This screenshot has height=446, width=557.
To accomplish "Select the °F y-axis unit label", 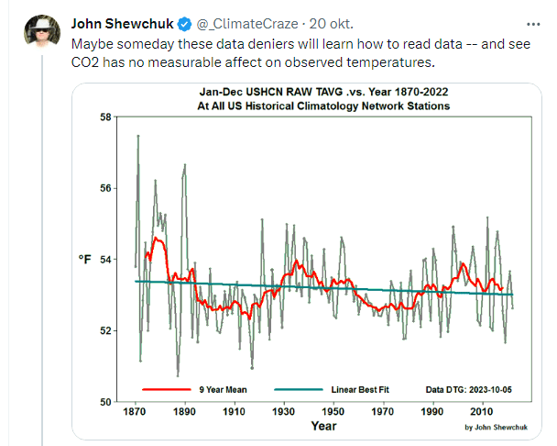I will [x=84, y=261].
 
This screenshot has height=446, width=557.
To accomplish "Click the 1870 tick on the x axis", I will [x=135, y=412].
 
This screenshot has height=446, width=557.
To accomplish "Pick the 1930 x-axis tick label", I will [x=283, y=412].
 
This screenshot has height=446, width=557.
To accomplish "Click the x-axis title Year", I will [x=322, y=426].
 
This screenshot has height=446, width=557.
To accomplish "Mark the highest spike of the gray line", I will [x=138, y=136].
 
